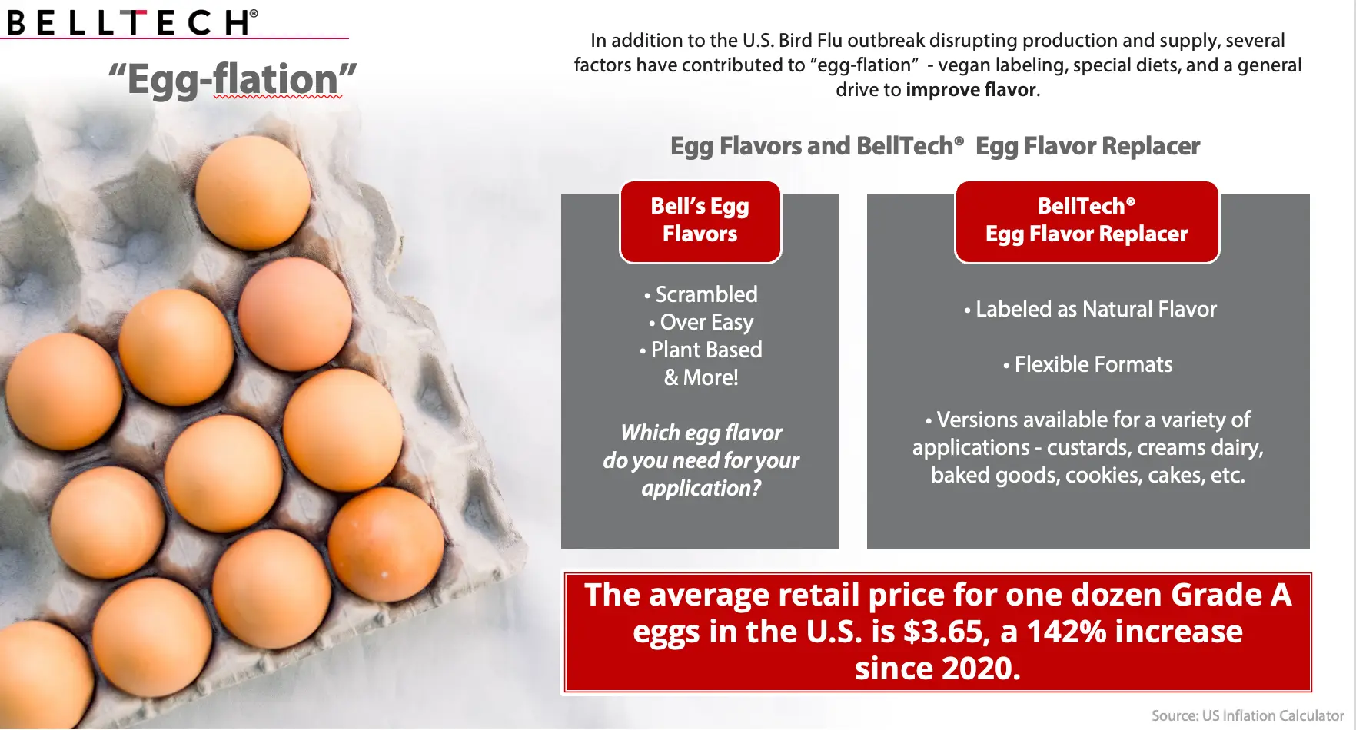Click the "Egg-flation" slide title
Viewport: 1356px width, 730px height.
(232, 80)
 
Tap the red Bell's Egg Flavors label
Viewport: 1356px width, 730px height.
(700, 221)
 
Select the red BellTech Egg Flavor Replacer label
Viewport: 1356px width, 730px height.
(1087, 221)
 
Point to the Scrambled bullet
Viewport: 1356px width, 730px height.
(701, 294)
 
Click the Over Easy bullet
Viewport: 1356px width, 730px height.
(701, 322)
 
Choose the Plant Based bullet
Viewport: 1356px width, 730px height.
(701, 350)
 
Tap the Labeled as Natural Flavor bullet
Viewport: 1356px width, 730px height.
(1091, 309)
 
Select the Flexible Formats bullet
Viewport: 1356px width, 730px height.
(1088, 364)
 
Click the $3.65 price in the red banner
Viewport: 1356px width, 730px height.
(942, 632)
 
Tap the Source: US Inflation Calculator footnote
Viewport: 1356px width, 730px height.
(1248, 715)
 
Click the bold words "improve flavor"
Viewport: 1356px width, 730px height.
(971, 90)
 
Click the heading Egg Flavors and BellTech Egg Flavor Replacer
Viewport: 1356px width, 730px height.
(935, 146)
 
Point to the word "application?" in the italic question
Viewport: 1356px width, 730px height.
(701, 489)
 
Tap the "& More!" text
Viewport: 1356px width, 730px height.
(701, 377)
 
